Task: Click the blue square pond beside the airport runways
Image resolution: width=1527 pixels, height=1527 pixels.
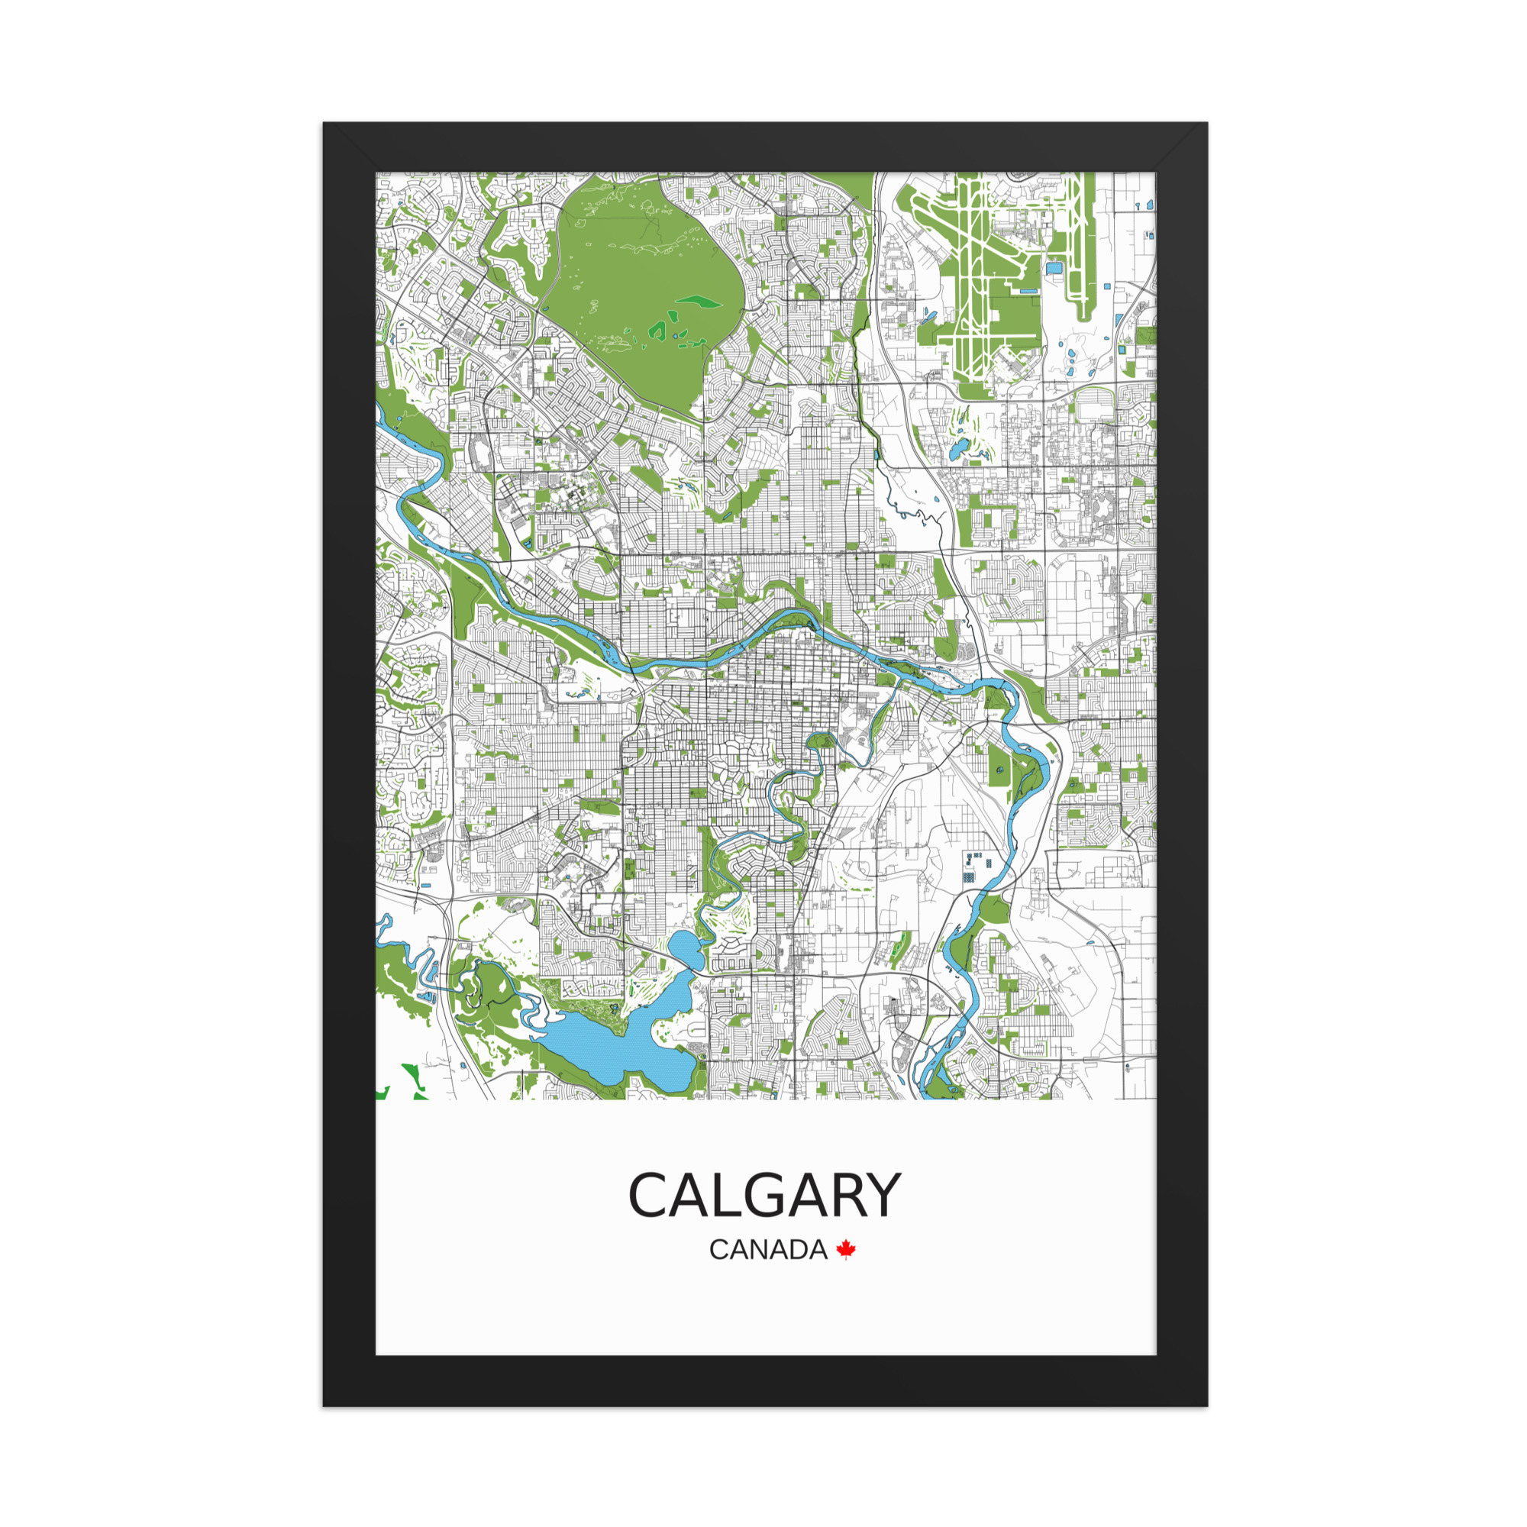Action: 1054,269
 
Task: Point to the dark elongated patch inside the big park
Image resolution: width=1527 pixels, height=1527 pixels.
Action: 699,301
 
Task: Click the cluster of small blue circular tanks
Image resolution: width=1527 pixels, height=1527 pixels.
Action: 976,868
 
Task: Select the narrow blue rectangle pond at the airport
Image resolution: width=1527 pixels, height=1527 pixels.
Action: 1028,292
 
